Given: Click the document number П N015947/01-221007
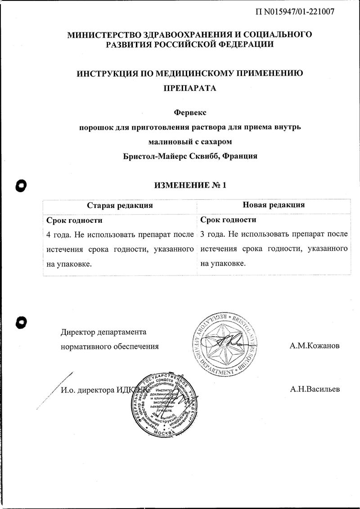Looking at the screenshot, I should coord(294,12).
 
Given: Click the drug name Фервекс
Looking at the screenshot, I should coord(189,113).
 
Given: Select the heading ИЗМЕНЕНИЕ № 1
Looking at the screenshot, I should coord(189,185).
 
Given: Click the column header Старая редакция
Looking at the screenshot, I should coord(120,205).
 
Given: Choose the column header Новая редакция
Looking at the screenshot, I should coord(274,205).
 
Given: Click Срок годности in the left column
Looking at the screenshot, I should coord(75,220).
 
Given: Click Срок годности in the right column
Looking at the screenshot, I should coord(228,220).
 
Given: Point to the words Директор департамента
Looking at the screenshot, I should coord(103,333).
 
